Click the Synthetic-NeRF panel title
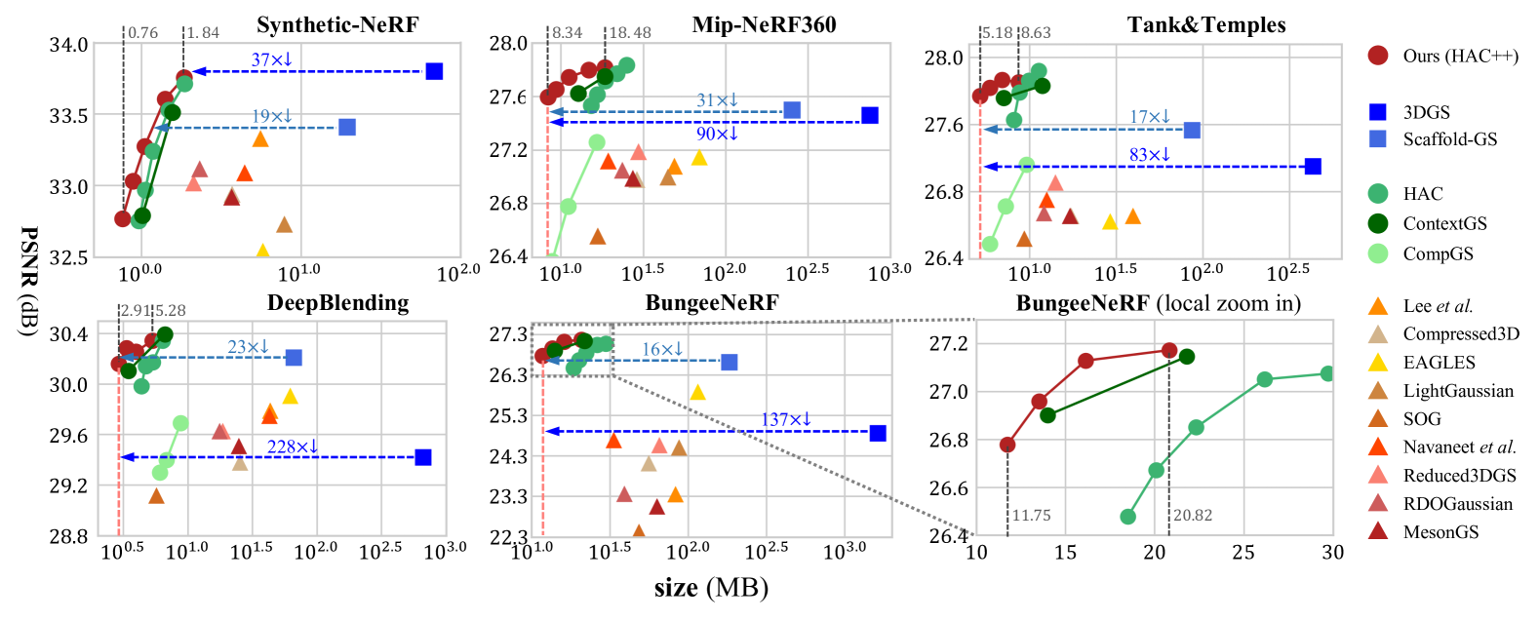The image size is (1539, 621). coord(337,25)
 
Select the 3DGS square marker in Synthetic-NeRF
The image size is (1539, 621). coord(434,71)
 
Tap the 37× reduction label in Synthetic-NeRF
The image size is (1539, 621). coord(271,60)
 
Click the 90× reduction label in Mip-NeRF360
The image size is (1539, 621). coord(717,135)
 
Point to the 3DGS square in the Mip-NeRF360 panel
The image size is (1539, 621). coord(870,115)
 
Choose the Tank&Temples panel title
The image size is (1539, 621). coord(1206,25)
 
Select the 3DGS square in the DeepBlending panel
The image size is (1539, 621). coord(422,457)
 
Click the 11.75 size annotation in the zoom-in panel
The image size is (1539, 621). coord(1031,516)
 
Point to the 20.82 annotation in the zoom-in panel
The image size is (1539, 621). coord(1193,516)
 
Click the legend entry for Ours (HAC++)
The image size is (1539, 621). coord(1460,56)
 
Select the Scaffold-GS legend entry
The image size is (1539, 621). coord(1449,139)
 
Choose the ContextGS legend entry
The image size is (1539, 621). coord(1444,224)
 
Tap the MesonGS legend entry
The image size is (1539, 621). coord(1440,532)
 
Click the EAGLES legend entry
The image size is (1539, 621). coord(1439,363)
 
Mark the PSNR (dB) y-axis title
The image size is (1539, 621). coord(27,282)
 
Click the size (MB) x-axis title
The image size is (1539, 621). coord(711,588)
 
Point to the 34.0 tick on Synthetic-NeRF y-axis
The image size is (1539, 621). coord(69,45)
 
